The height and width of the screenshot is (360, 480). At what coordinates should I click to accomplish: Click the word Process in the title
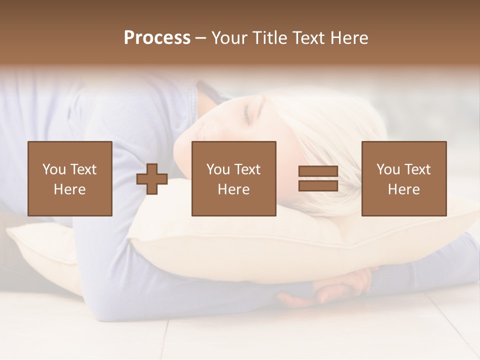pyautogui.click(x=157, y=38)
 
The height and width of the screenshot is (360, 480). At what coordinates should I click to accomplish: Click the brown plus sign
pyautogui.click(x=152, y=179)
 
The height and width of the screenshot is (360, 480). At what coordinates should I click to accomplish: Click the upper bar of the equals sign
pyautogui.click(x=318, y=171)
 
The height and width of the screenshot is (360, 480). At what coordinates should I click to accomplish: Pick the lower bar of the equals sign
pyautogui.click(x=318, y=185)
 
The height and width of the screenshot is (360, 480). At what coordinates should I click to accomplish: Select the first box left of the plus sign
pyautogui.click(x=69, y=178)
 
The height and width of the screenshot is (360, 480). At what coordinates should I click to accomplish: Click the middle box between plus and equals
pyautogui.click(x=233, y=178)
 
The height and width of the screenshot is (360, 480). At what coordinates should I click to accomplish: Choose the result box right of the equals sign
pyautogui.click(x=403, y=178)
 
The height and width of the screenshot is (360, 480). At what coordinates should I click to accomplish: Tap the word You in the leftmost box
pyautogui.click(x=54, y=169)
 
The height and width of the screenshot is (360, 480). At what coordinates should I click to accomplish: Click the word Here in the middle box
pyautogui.click(x=233, y=189)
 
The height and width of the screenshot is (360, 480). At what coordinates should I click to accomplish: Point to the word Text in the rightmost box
pyautogui.click(x=417, y=169)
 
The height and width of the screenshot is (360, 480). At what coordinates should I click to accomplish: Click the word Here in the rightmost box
pyautogui.click(x=403, y=189)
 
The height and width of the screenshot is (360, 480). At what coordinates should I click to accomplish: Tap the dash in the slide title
pyautogui.click(x=200, y=38)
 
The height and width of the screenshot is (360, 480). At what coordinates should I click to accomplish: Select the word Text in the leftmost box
pyautogui.click(x=83, y=169)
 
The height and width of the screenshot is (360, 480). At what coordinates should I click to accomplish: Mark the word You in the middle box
pyautogui.click(x=218, y=169)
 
